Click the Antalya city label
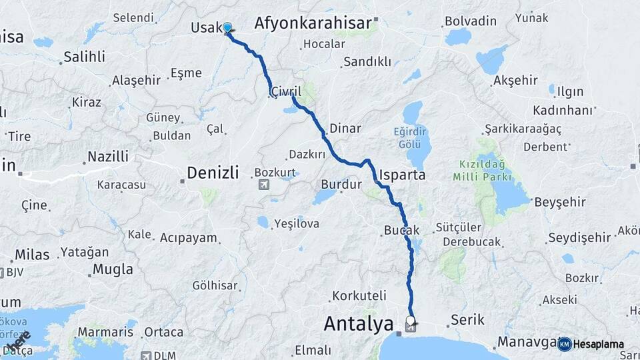point(358,325)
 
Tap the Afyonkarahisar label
point(313,24)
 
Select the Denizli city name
point(212,173)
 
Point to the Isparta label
point(402,175)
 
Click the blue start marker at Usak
point(227,27)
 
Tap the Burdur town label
point(341,184)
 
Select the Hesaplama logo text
point(600,344)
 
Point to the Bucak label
point(401,230)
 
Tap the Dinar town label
point(345,129)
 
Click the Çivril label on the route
point(286,91)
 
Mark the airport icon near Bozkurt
point(263,184)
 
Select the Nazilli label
point(106,157)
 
